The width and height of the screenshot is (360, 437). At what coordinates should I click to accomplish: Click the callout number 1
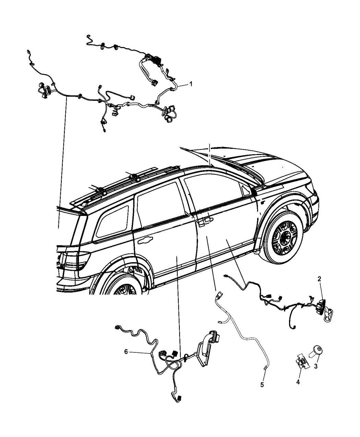click(191, 84)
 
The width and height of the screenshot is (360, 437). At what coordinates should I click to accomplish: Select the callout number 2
click(319, 279)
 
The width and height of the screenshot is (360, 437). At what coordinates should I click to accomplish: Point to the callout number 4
click(298, 382)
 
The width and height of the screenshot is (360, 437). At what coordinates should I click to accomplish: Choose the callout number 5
click(262, 385)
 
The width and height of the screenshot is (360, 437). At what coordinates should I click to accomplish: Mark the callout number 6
click(126, 352)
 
